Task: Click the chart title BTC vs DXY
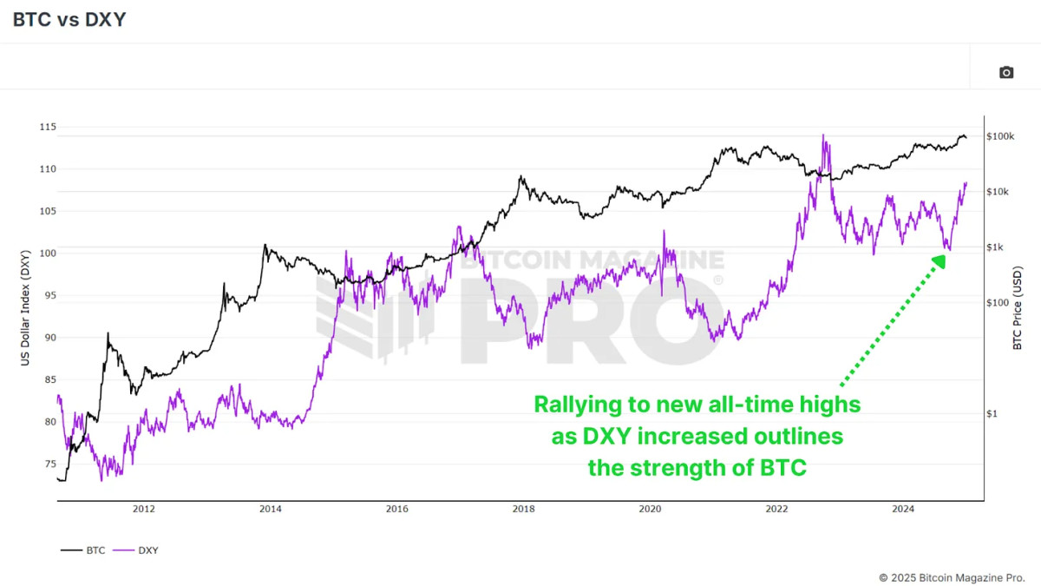(x=69, y=19)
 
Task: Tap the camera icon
(x=1006, y=72)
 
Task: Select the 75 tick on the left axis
(x=46, y=464)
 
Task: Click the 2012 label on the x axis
(x=144, y=510)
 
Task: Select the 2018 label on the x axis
(x=523, y=510)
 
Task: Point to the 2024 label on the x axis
(x=903, y=510)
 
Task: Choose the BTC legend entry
(x=83, y=550)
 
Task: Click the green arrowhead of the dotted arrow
(x=940, y=259)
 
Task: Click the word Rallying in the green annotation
(x=577, y=405)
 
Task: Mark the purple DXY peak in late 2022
(x=822, y=135)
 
